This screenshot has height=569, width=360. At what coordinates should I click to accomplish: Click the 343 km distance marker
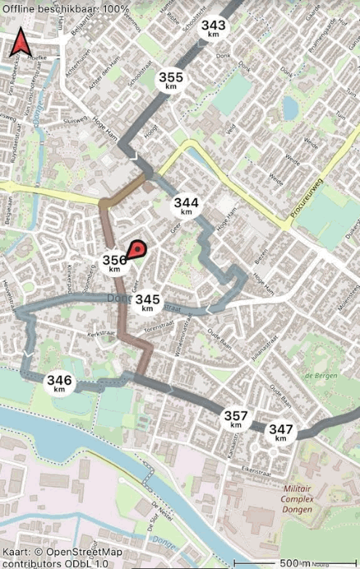click(x=213, y=28)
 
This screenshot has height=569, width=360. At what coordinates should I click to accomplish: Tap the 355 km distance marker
click(x=171, y=80)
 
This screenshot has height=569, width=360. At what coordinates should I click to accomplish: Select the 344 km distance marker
click(x=187, y=205)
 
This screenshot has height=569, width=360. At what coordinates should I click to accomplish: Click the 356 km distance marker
click(x=115, y=263)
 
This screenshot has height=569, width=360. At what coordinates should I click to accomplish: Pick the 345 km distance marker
click(x=148, y=302)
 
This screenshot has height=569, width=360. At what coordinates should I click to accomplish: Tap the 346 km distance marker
click(x=60, y=382)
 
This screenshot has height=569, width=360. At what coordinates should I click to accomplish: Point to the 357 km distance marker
click(x=236, y=419)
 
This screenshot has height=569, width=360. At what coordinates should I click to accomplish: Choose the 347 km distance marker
click(x=281, y=432)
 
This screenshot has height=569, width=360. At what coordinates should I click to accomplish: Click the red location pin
click(x=136, y=250)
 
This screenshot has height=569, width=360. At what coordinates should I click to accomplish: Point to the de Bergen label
click(x=319, y=375)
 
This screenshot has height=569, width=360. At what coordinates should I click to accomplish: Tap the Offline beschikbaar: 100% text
click(x=65, y=9)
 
